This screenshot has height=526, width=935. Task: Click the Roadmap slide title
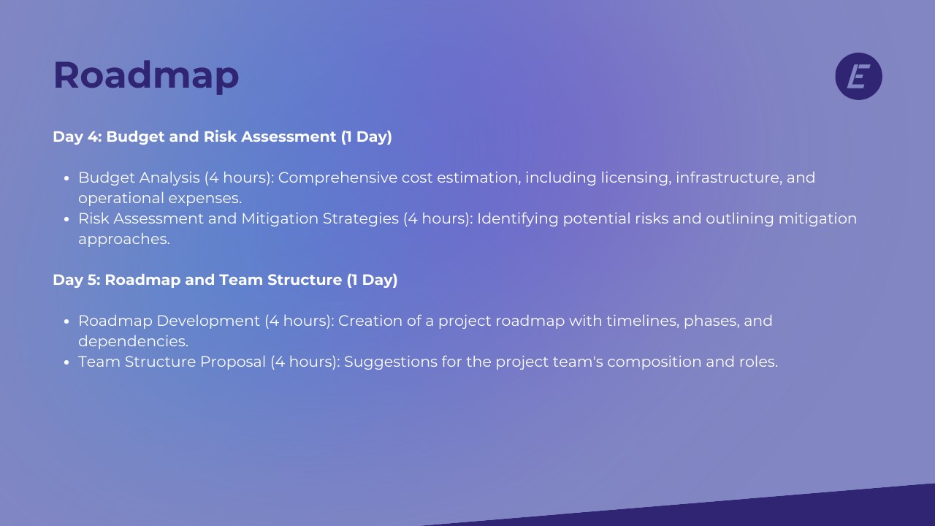(146, 75)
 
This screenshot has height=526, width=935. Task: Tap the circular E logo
(858, 76)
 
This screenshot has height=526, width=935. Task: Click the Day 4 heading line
(222, 137)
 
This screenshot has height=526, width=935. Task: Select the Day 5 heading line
(225, 280)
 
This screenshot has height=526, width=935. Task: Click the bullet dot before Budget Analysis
(66, 178)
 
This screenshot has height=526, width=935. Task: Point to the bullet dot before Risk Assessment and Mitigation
(66, 219)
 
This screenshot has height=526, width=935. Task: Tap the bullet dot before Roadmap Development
(66, 321)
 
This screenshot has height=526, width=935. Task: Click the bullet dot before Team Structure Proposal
(66, 362)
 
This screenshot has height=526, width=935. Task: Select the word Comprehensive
(337, 178)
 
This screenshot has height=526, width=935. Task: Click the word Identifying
(518, 219)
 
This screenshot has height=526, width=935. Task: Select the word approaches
(124, 240)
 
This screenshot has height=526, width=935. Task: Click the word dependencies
(133, 342)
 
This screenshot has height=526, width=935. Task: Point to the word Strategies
(361, 219)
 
